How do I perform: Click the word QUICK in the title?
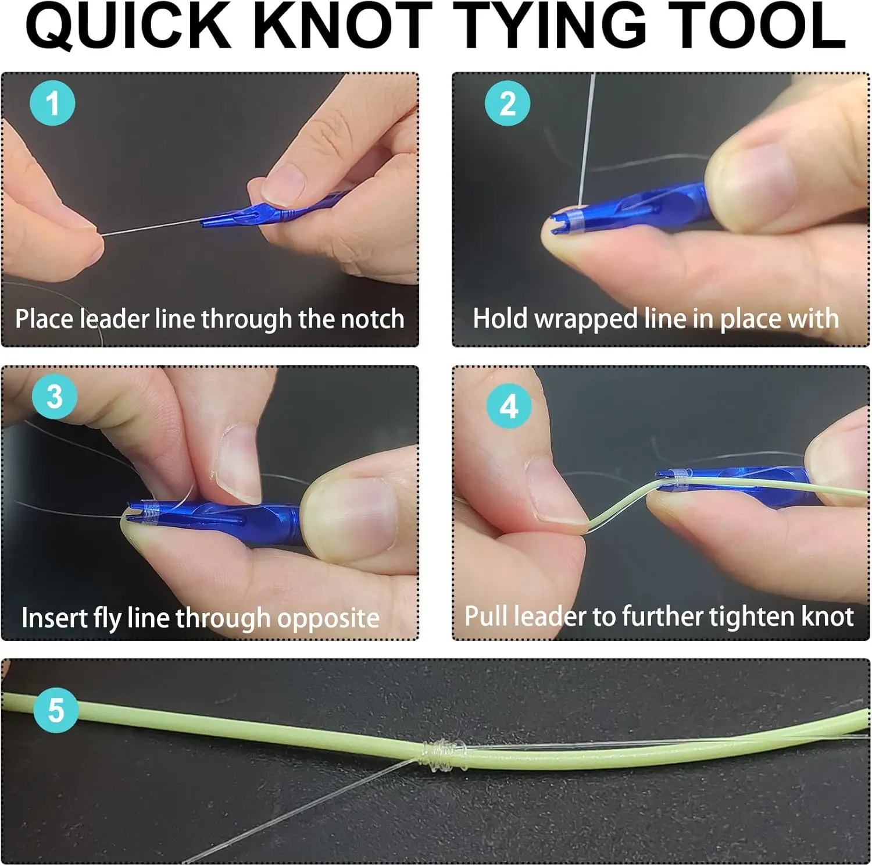tap(128, 26)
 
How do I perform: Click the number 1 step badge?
tap(52, 104)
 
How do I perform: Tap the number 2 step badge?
tap(508, 104)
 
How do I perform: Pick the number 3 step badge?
tap(54, 397)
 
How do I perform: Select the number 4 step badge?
tap(509, 406)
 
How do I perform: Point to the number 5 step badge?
tap(56, 710)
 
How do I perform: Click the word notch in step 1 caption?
tap(372, 319)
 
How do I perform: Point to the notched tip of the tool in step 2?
tap(558, 224)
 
